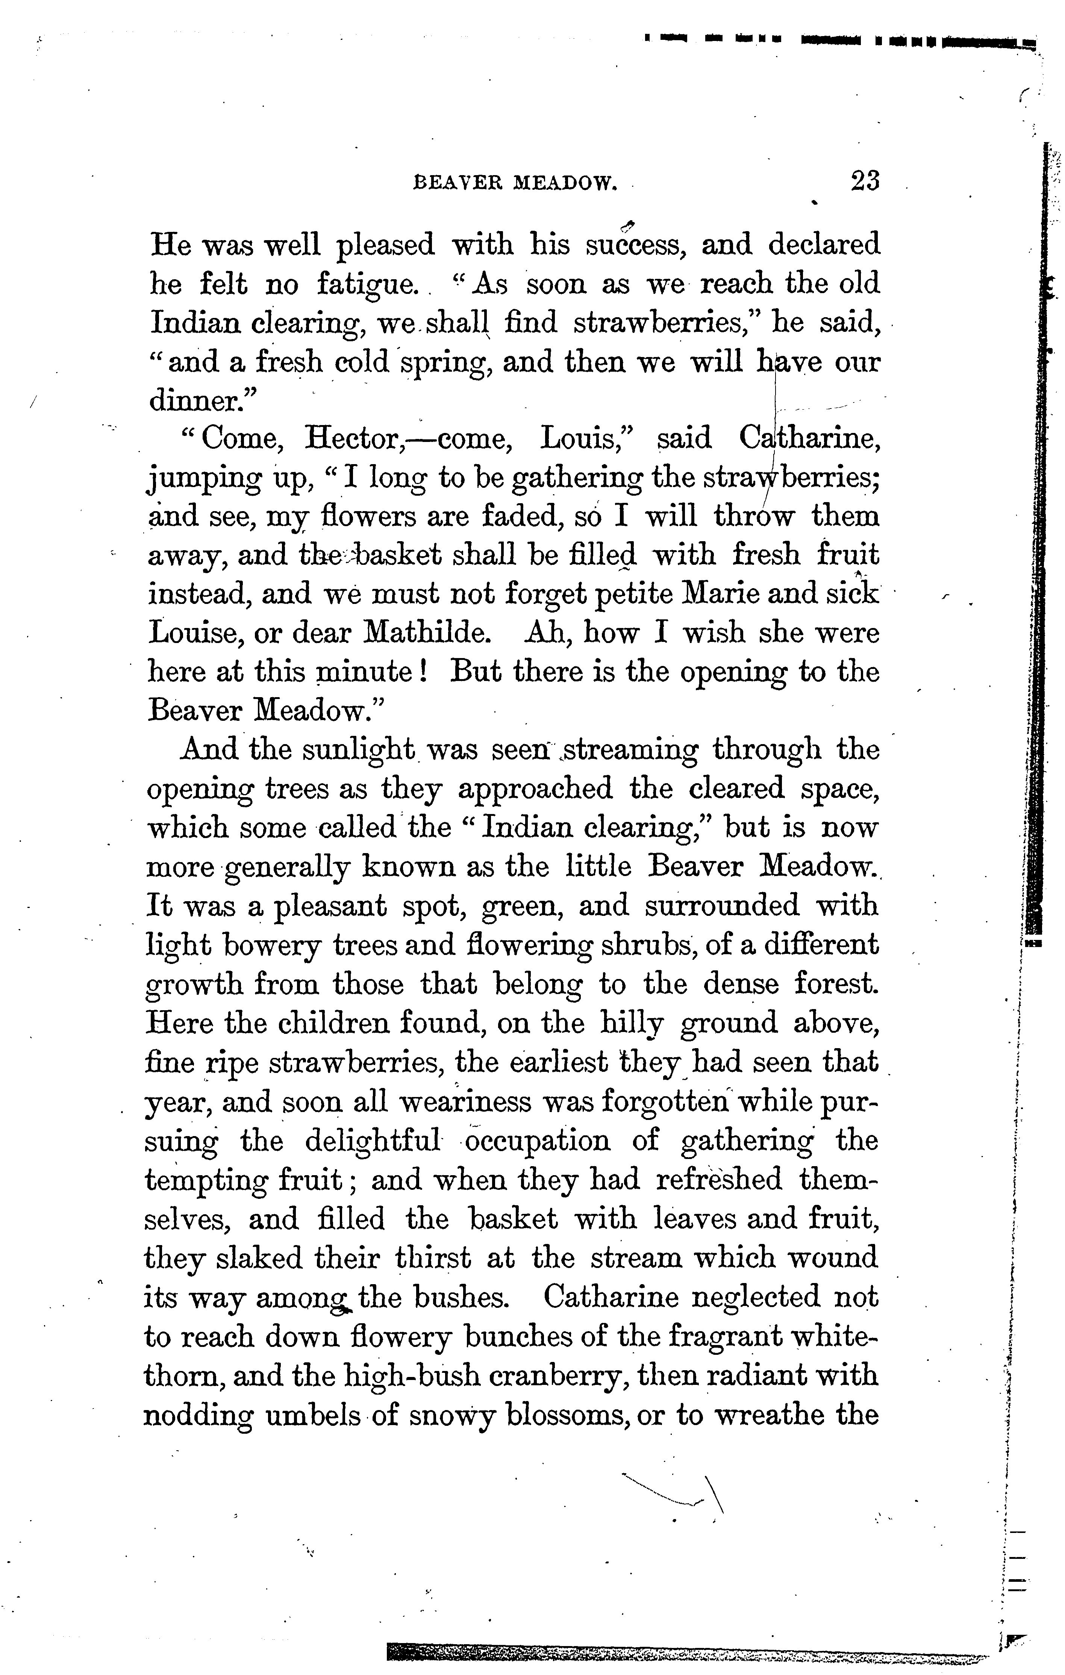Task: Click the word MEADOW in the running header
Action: click(x=565, y=184)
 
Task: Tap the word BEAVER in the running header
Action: click(x=459, y=184)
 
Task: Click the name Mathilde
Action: click(x=426, y=633)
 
